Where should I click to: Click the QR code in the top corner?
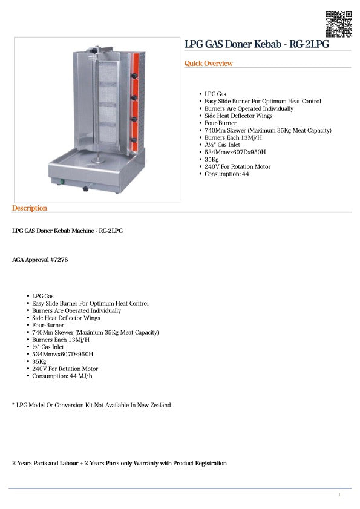[x=338, y=24]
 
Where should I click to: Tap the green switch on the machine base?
[x=62, y=180]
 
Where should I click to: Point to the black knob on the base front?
[x=85, y=190]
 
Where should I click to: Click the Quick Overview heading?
[x=208, y=64]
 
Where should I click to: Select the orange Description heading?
[x=29, y=208]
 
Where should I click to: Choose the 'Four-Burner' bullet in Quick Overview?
[x=220, y=123]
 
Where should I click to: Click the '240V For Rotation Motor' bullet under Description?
[x=65, y=369]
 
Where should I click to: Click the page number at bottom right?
[x=339, y=494]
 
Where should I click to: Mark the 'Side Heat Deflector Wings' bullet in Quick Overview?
[x=238, y=116]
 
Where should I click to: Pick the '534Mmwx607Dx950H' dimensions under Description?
[x=62, y=354]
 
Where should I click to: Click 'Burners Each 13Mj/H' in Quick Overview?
[x=234, y=137]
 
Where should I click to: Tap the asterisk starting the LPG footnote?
[x=13, y=404]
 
